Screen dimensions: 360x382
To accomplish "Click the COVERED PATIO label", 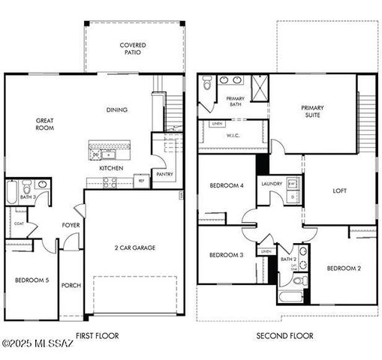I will (x=133, y=49).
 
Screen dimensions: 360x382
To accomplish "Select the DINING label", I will (x=116, y=110).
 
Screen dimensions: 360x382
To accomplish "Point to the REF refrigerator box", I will (x=140, y=180).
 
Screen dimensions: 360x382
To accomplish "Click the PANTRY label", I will (x=164, y=174).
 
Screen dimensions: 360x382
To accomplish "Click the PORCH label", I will (x=71, y=285).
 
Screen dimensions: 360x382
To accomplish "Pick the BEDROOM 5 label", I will (x=32, y=280).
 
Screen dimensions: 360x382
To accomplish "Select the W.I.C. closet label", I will (x=233, y=136).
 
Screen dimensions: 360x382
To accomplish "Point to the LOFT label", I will (x=339, y=190).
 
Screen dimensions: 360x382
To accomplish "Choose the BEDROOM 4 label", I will (x=226, y=185).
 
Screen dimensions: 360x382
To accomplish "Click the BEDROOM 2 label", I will (x=344, y=268).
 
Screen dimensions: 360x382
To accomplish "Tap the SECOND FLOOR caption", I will (x=285, y=336).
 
